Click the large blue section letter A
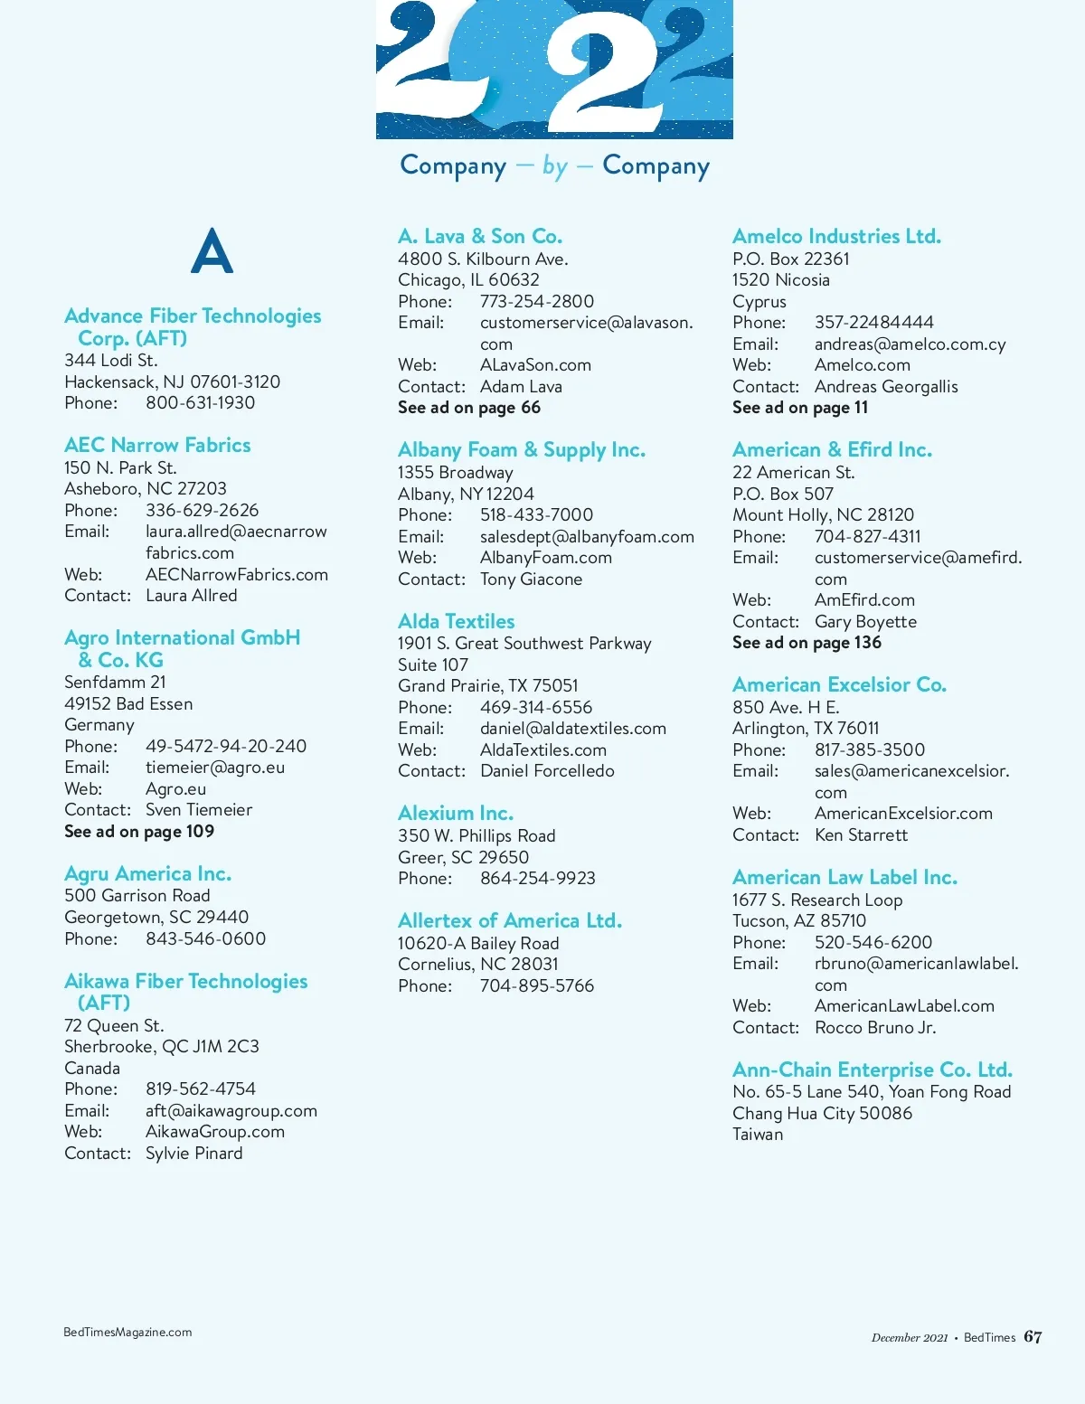212,250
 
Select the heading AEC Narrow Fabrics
157,445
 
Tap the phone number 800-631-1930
200,403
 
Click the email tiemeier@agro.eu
215,768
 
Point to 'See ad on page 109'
139,832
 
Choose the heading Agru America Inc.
147,874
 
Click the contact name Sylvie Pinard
193,1154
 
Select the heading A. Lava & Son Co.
480,237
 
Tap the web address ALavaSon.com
535,365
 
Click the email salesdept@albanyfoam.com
587,537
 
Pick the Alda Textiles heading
456,622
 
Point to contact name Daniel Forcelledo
547,771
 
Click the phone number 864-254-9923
537,879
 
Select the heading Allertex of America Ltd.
510,921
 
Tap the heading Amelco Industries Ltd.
836,237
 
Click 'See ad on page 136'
807,643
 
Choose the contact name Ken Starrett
861,835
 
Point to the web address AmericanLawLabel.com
904,1006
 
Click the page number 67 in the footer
1033,1337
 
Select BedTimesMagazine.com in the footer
127,1333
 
